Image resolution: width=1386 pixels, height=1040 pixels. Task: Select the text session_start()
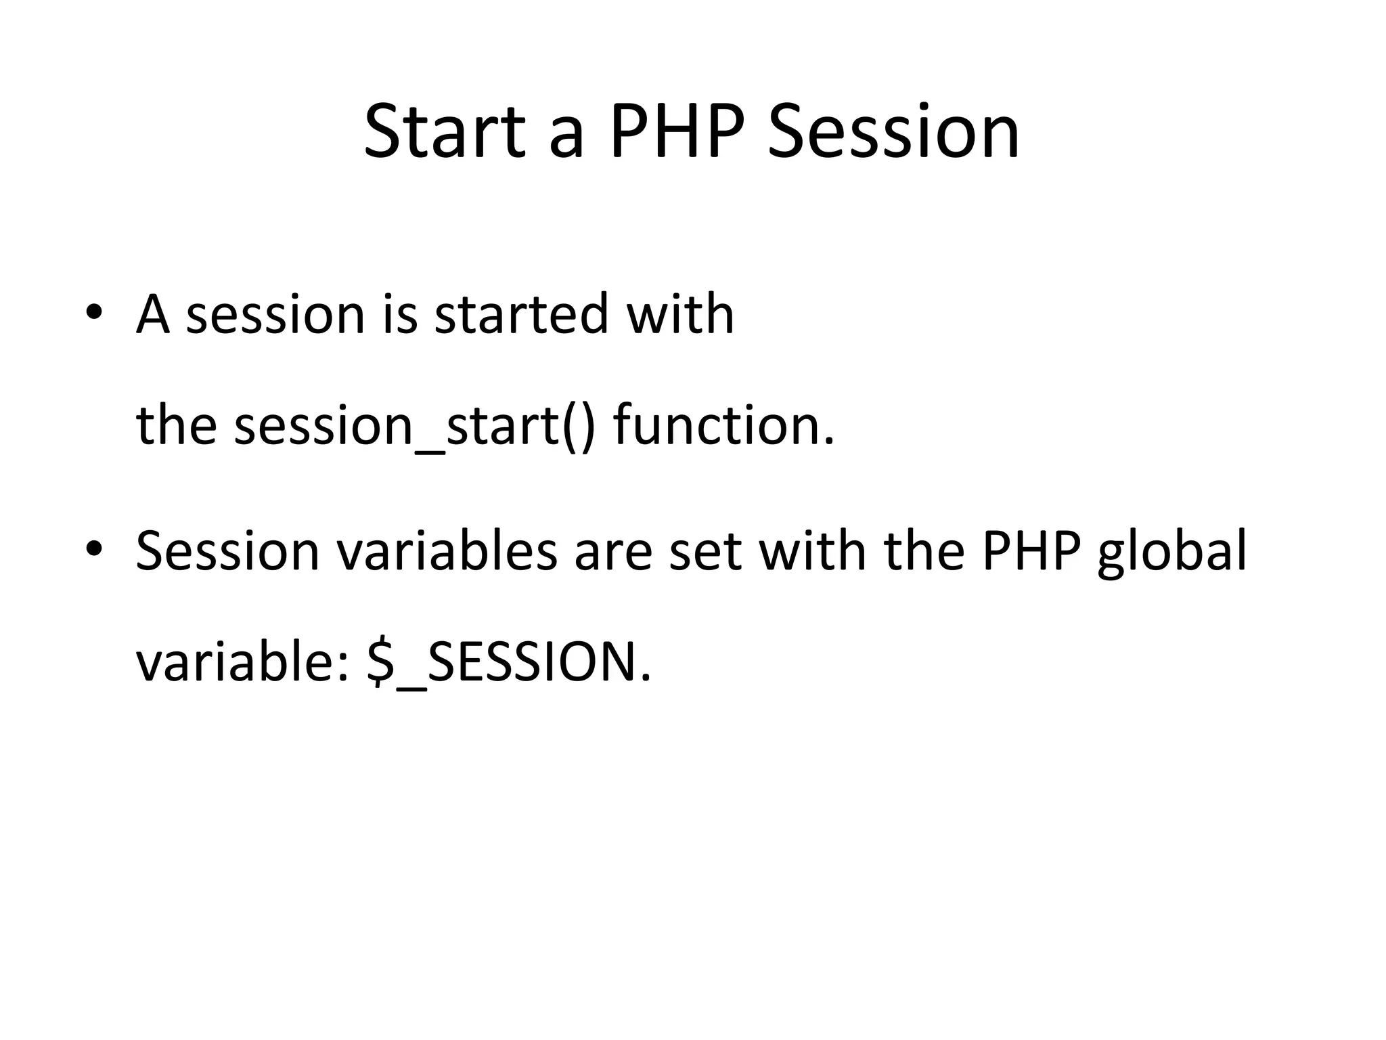414,427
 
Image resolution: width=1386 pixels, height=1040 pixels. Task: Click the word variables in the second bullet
447,550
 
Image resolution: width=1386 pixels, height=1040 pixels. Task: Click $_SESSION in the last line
508,663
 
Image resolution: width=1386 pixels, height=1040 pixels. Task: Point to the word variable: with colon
243,663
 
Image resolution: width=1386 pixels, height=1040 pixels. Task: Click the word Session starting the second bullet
227,550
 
